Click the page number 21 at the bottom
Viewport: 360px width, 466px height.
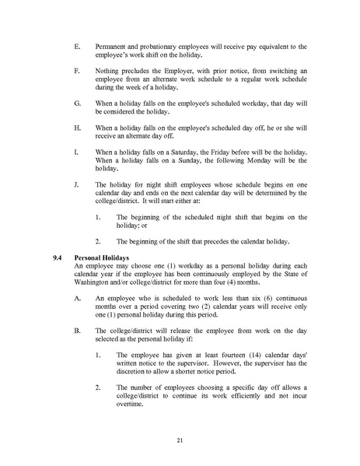click(180, 441)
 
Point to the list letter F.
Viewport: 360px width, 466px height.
click(75, 72)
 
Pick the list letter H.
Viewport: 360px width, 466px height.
click(75, 127)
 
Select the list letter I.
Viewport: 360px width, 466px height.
click(75, 151)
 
